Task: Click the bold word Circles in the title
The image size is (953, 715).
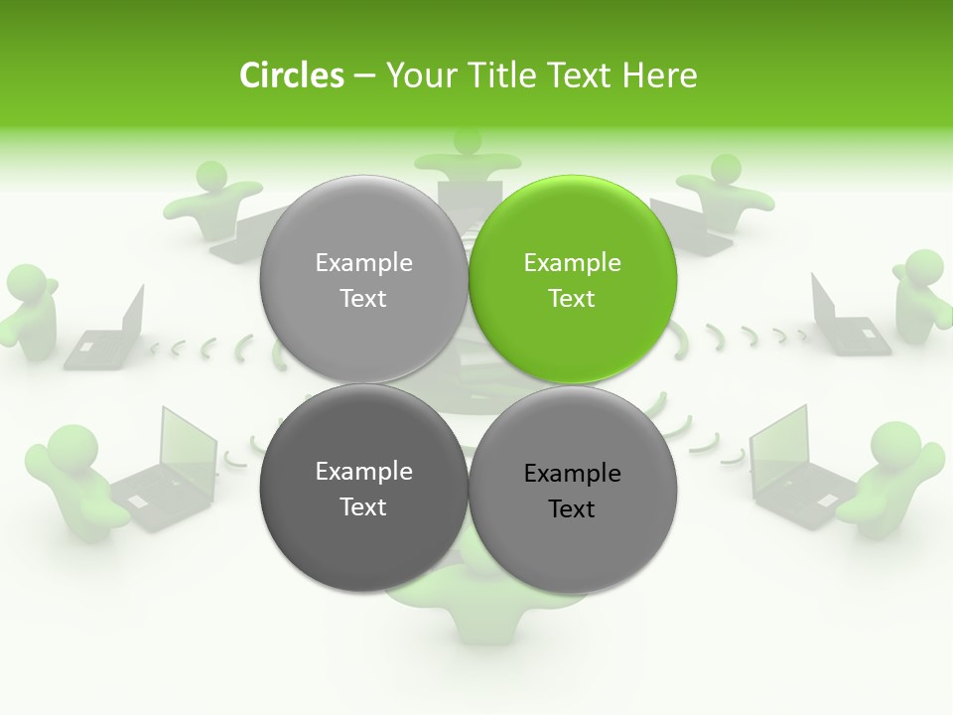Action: point(291,75)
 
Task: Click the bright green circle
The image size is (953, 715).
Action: point(572,280)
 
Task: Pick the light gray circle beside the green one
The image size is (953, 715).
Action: point(363,280)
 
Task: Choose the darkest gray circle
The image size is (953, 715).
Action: point(363,489)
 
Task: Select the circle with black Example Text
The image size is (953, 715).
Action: point(572,489)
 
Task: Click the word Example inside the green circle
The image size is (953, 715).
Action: point(572,262)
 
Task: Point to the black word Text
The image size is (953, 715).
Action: point(572,509)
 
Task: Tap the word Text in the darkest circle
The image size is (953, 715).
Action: point(363,506)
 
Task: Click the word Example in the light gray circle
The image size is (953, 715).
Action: point(363,262)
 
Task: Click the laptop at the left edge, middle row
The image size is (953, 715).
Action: point(107,333)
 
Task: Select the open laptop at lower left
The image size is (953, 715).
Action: point(169,467)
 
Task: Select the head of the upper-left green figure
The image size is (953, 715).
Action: point(210,177)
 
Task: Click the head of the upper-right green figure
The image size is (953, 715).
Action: point(726,168)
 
